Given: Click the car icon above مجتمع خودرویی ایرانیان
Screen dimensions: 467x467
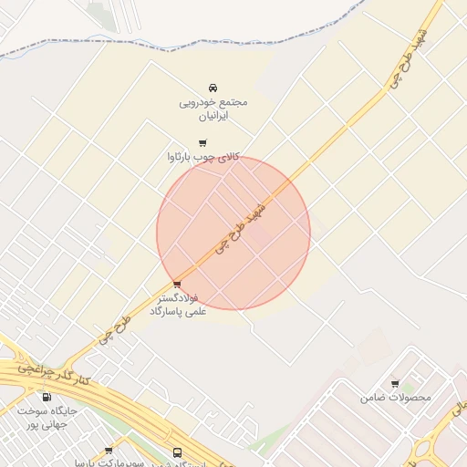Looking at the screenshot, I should point(213,88).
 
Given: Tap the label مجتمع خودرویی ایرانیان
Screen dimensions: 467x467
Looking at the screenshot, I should point(213,109).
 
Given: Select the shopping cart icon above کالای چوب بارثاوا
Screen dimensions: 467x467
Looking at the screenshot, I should point(202,142).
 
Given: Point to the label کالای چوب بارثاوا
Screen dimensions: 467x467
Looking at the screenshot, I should point(202,157).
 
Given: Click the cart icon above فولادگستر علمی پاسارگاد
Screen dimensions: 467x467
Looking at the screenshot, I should point(176,285).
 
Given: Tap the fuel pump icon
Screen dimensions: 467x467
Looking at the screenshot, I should point(47,397).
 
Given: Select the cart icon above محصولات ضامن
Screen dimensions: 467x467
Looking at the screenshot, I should point(394,384).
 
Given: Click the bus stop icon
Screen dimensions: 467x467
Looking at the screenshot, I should point(177,452).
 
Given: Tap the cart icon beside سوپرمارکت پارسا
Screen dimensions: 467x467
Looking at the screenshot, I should point(109,451).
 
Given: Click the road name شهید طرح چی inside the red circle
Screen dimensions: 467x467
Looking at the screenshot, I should point(241,226).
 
